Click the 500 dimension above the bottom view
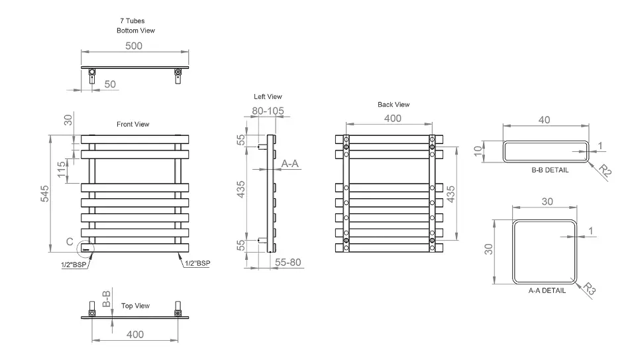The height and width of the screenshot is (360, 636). coord(134,46)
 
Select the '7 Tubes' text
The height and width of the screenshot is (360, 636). coord(132,21)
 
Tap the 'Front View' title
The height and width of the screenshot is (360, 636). coord(133,124)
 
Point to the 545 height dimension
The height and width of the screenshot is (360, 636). coord(44,194)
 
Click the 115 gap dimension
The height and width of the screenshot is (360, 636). coord(61,169)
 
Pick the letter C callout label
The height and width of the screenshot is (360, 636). coord(70,242)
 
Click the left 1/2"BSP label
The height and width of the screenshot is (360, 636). coord(74,265)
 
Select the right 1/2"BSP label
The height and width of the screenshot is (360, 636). coord(197,263)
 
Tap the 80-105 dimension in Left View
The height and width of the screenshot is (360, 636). coord(268,111)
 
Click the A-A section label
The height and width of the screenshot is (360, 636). coord(290,164)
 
